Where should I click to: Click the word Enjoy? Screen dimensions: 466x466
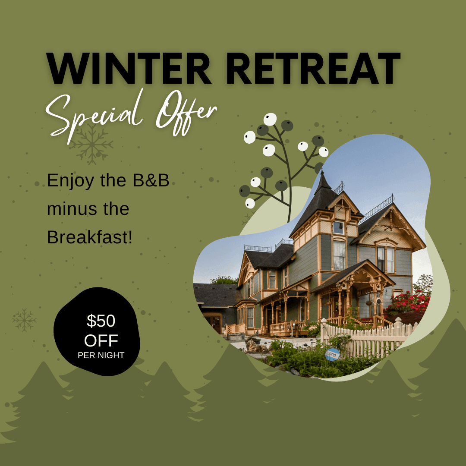click(x=69, y=181)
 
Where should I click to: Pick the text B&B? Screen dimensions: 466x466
click(x=151, y=180)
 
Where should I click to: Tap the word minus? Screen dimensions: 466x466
click(x=69, y=209)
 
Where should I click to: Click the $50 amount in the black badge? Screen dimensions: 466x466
click(x=101, y=321)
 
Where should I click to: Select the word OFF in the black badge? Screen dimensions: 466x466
click(x=101, y=341)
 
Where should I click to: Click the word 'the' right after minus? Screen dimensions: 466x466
click(x=115, y=209)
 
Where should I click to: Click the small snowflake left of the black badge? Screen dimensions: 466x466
click(x=24, y=320)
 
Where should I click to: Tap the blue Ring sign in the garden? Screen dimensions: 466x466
click(x=332, y=354)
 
